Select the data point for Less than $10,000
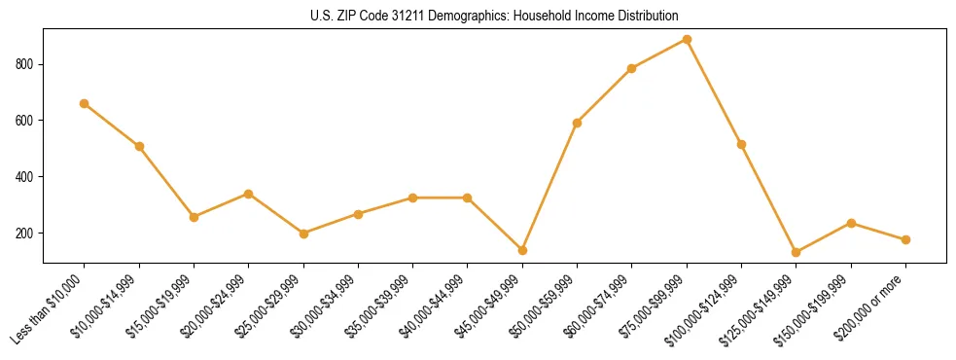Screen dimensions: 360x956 [x=85, y=103]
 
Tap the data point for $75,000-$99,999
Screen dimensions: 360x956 [x=687, y=40]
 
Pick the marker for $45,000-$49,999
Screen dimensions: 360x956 [x=522, y=250]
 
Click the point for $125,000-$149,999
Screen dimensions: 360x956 [x=797, y=252]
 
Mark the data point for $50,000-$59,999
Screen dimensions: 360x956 [x=577, y=123]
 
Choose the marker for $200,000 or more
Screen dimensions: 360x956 [x=905, y=239]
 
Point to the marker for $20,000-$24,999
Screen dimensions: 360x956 [x=249, y=194]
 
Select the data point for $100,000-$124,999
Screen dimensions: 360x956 [x=741, y=144]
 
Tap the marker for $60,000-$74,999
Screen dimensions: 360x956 [x=632, y=68]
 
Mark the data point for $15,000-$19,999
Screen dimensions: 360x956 [x=194, y=217]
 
